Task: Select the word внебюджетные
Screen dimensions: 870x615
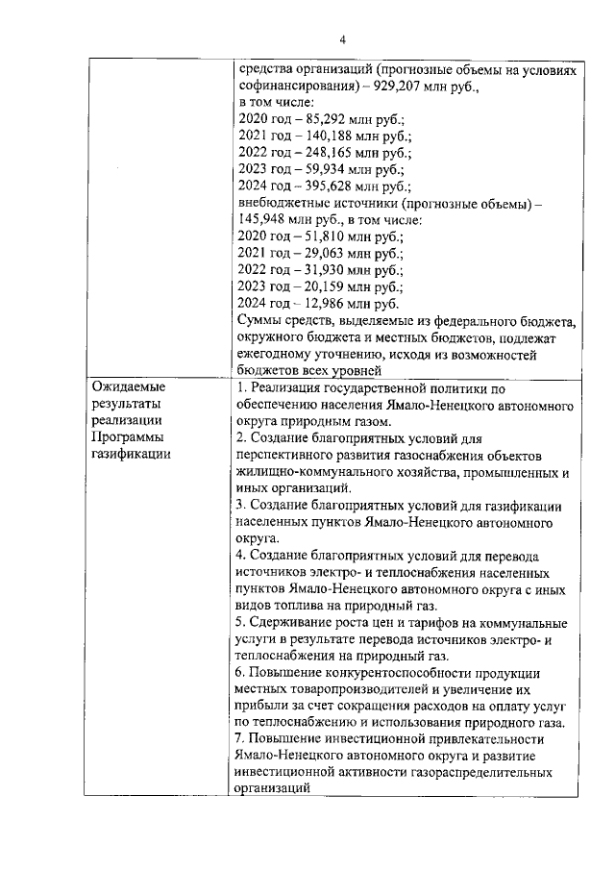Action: click(283, 203)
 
